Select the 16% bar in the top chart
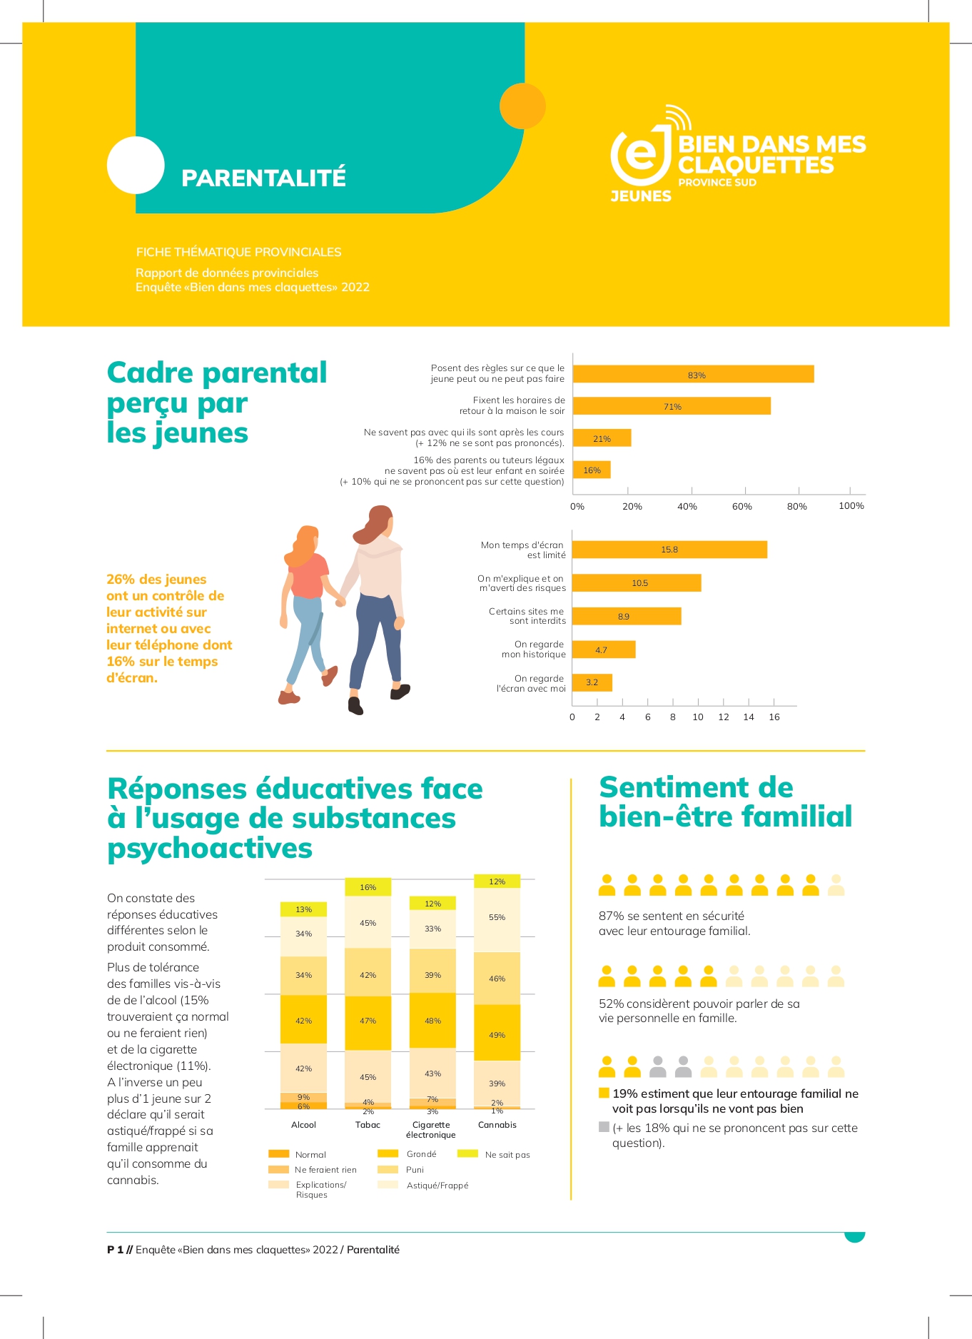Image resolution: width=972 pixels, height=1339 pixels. pos(592,470)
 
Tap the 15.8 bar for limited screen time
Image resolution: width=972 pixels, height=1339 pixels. pos(669,550)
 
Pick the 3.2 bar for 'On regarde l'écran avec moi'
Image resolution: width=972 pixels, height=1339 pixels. pos(592,682)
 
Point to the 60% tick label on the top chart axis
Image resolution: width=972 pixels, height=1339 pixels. pos(742,507)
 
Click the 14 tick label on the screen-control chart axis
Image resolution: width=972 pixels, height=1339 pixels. pos(749,717)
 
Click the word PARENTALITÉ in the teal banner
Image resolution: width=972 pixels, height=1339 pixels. pos(263,178)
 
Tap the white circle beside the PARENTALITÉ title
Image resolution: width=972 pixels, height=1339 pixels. pos(136,165)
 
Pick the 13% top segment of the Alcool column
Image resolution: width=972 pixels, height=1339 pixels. pos(303,909)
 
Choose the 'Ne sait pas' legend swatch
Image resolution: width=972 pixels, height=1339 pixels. pos(467,1153)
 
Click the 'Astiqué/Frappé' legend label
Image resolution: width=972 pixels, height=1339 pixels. pos(437,1186)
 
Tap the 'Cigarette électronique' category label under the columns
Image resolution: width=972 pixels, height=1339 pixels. pos(431,1129)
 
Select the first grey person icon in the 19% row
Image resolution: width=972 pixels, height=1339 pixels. pos(658,1067)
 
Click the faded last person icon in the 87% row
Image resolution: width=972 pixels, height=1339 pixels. pos(836,886)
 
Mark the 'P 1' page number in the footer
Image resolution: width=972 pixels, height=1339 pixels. pos(115,1250)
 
